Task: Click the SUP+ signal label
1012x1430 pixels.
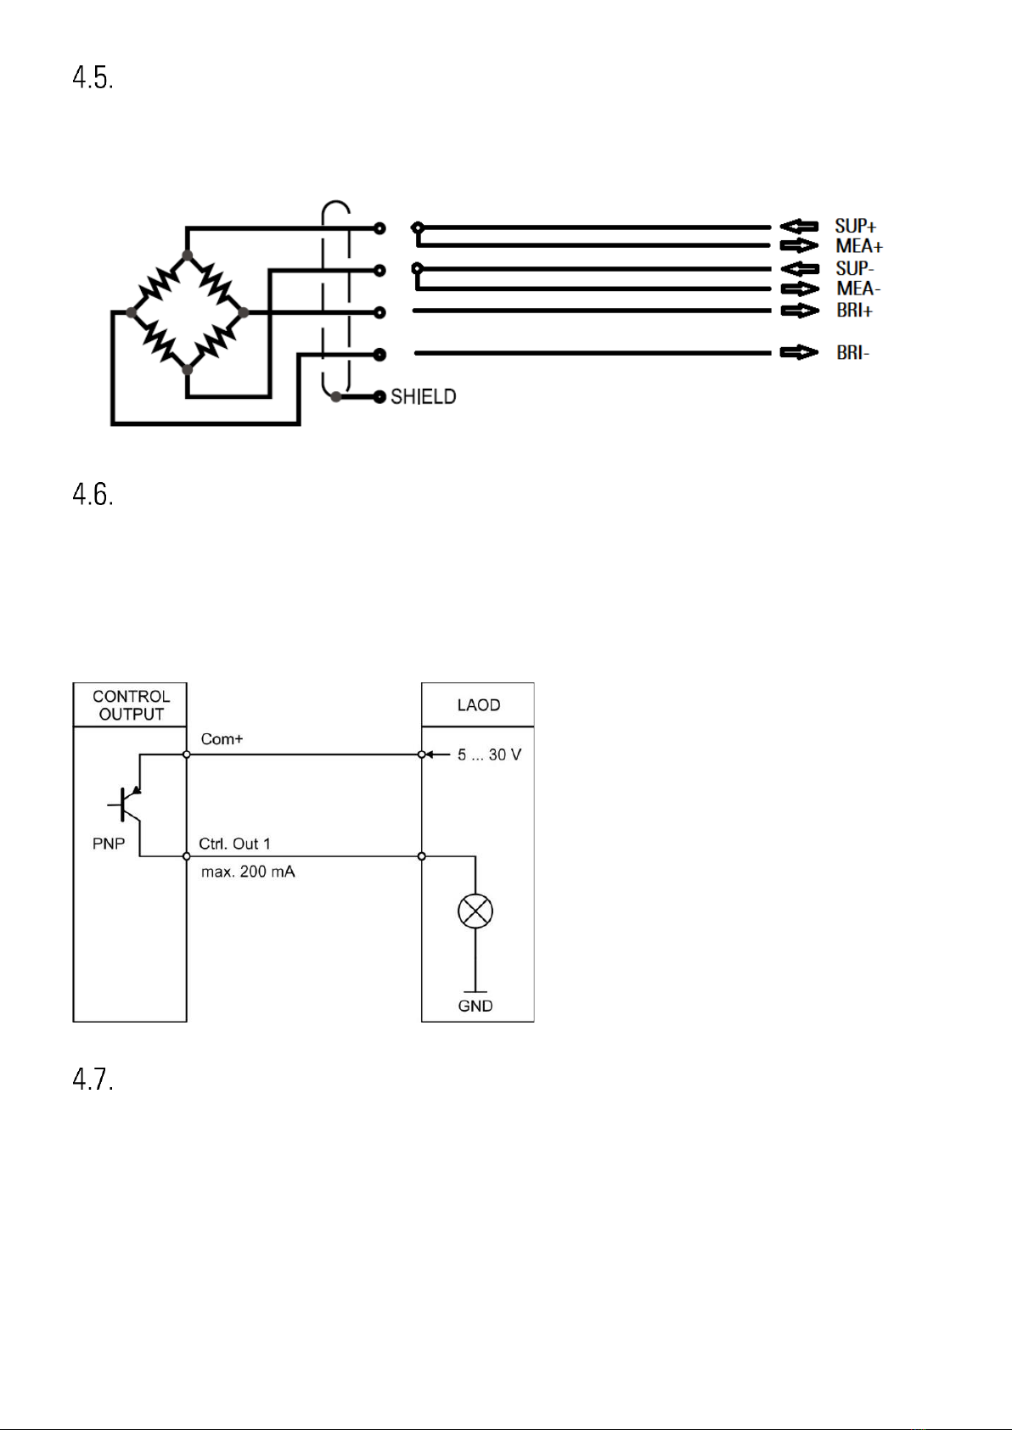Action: click(856, 226)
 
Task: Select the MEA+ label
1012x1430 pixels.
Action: click(859, 246)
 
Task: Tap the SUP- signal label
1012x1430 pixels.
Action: click(855, 268)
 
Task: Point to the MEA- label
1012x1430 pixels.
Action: click(859, 289)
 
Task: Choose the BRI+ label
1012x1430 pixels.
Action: click(855, 311)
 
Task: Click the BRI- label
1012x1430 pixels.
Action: click(853, 352)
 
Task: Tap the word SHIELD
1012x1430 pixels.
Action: click(424, 397)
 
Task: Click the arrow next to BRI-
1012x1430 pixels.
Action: click(800, 352)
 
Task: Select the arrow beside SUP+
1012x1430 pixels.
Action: click(800, 226)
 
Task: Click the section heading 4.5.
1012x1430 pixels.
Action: click(93, 78)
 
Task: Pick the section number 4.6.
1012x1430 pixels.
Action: click(93, 494)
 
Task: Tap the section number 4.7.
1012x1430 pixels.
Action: click(93, 1079)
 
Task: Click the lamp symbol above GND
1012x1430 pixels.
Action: click(475, 911)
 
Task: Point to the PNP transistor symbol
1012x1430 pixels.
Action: click(125, 805)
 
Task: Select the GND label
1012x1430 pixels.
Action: click(475, 1007)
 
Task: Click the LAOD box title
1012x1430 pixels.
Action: click(478, 705)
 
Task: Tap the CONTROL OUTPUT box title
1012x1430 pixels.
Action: click(131, 705)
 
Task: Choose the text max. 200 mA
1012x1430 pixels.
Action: click(248, 872)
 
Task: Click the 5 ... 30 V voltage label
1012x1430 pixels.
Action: click(489, 755)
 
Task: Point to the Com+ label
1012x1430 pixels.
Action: click(222, 739)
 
